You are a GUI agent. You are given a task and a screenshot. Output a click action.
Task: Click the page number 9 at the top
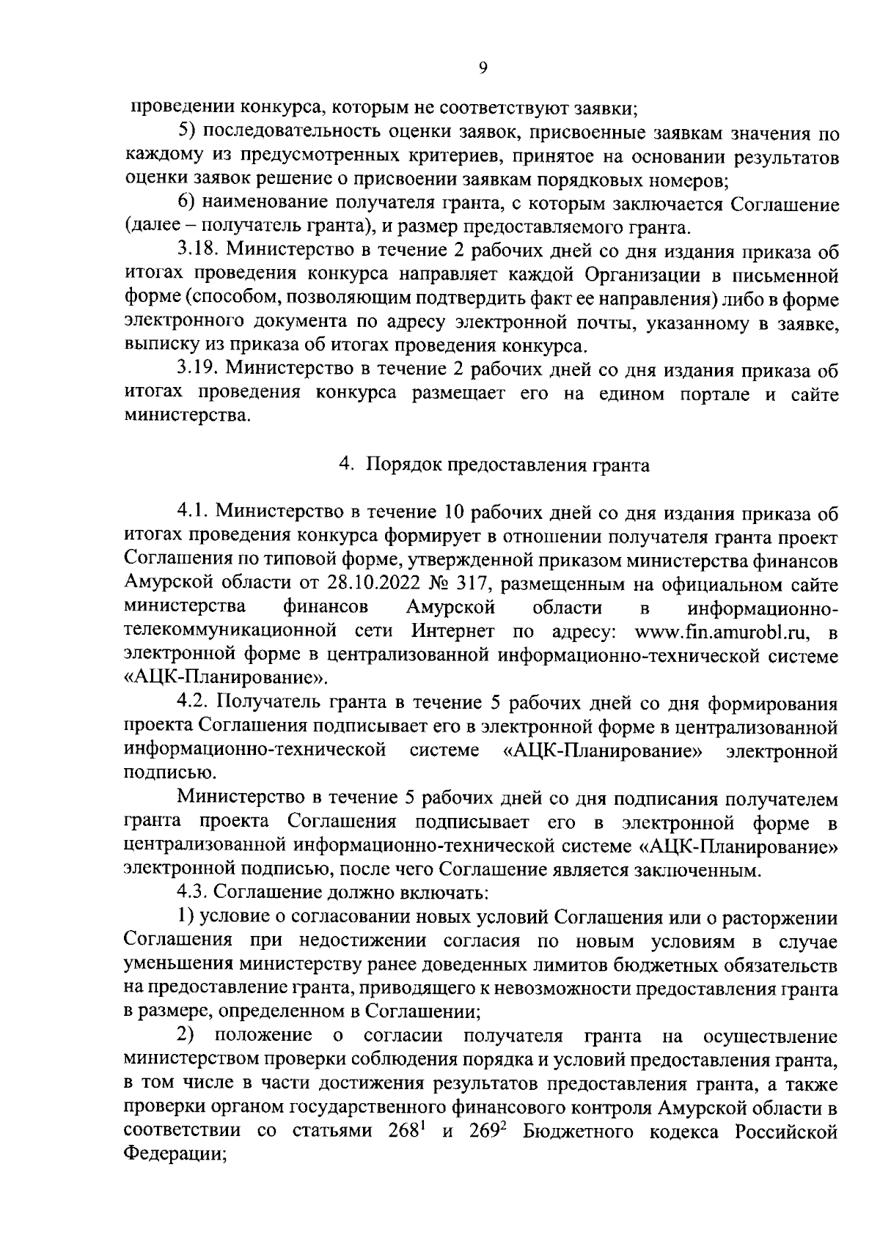482,68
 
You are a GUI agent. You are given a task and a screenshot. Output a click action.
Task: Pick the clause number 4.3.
191,893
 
